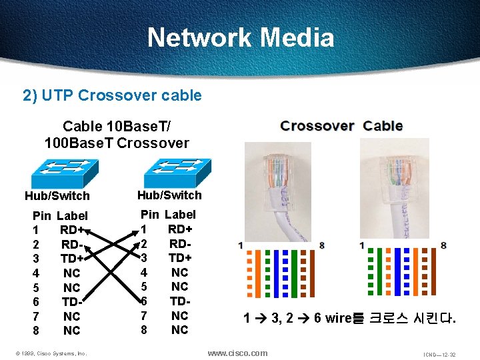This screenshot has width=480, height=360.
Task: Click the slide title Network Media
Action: tap(240, 37)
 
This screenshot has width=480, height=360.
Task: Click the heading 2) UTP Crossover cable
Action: tap(112, 95)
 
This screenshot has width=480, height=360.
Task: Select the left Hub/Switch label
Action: tap(57, 196)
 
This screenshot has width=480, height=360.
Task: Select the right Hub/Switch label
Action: tap(169, 195)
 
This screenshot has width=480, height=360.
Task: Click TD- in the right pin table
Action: tap(180, 301)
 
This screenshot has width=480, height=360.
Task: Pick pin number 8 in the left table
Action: tap(37, 331)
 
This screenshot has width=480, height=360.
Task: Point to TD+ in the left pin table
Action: tap(72, 259)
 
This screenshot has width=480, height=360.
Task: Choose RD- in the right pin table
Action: tap(180, 243)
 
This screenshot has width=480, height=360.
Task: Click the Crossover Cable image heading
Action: tap(341, 126)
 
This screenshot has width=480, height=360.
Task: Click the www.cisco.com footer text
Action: tap(237, 353)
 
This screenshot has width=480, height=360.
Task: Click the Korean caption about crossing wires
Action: tap(350, 318)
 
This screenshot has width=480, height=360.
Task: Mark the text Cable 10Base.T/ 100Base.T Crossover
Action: tap(117, 134)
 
